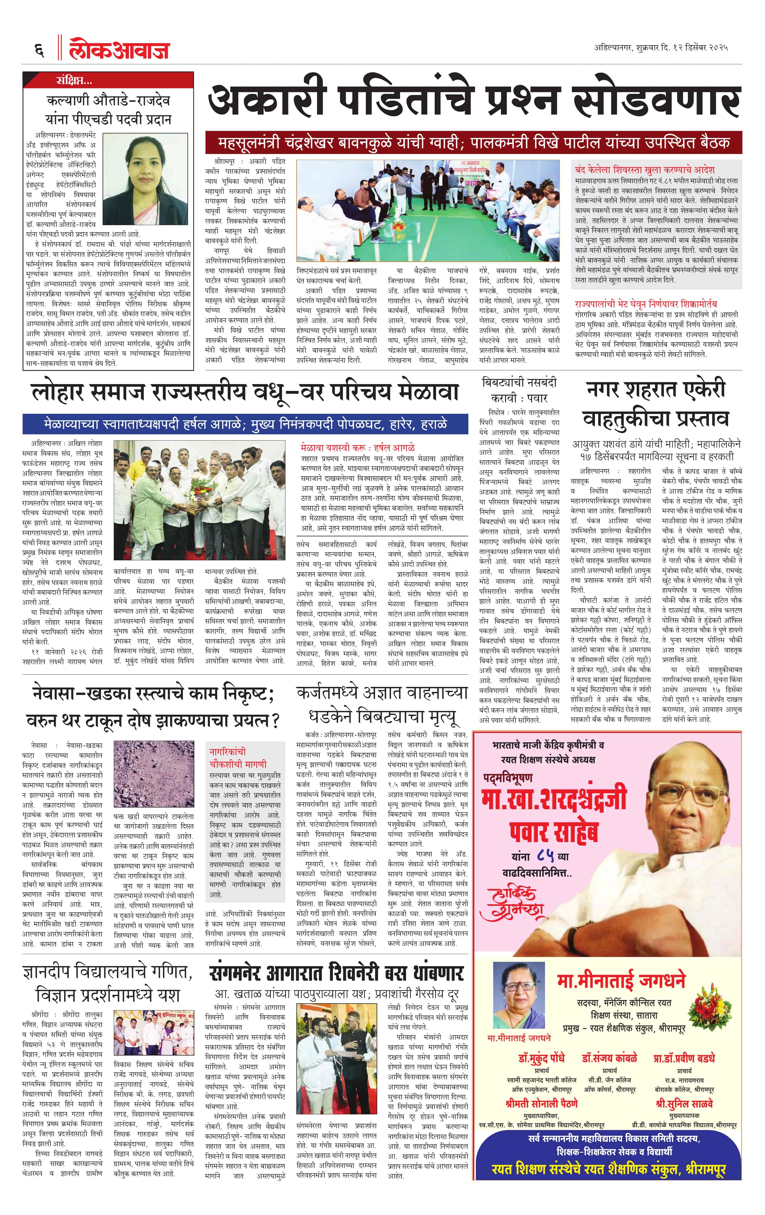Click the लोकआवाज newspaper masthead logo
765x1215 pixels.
[119, 49]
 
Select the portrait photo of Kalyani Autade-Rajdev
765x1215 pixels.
[145, 179]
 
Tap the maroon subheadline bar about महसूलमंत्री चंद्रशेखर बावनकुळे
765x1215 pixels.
[473, 143]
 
